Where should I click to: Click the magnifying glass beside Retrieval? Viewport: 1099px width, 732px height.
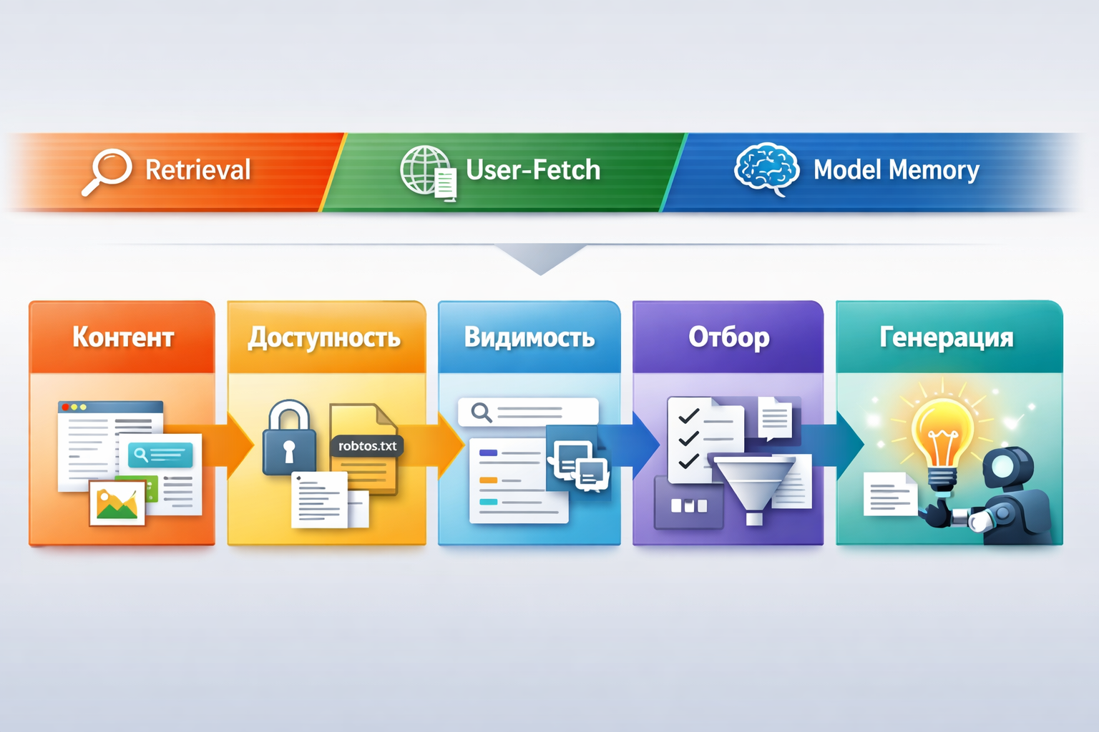(x=108, y=170)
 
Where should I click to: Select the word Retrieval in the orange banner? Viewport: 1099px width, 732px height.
(x=197, y=170)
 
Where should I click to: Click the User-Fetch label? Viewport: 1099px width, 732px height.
(x=533, y=170)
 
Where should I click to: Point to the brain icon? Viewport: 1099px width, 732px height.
(x=766, y=169)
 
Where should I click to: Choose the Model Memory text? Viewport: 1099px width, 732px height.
(x=896, y=170)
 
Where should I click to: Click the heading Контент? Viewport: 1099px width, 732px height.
(x=123, y=337)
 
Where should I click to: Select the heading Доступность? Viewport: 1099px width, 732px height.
(x=324, y=337)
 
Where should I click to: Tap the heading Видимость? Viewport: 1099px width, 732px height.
(x=529, y=337)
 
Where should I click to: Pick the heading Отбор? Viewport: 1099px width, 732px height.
(x=729, y=337)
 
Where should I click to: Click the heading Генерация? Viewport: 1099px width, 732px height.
(x=946, y=337)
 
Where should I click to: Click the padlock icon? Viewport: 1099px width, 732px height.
(x=289, y=439)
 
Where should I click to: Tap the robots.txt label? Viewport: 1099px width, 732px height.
(x=367, y=446)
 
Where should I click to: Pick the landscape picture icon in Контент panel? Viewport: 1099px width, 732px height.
(x=117, y=503)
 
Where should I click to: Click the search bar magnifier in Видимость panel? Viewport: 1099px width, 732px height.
(x=481, y=412)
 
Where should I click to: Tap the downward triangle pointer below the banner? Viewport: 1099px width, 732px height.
(x=541, y=259)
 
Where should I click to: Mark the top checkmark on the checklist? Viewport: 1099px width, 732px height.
(x=688, y=416)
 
